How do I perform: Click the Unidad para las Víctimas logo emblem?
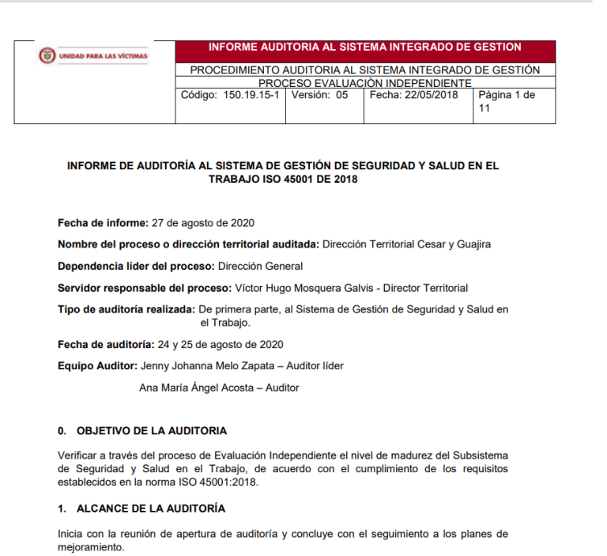click(47, 56)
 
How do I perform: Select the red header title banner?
click(364, 47)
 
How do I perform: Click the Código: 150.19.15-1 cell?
click(230, 95)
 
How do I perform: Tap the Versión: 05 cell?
click(319, 95)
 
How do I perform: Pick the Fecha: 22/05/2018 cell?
click(413, 95)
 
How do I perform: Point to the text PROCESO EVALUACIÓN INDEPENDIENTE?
click(364, 83)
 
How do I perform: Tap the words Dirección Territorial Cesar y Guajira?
click(405, 244)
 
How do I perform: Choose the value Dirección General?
click(260, 267)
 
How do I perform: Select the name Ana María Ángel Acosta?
click(198, 388)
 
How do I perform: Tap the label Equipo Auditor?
click(97, 365)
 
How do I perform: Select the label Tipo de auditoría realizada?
click(126, 310)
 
